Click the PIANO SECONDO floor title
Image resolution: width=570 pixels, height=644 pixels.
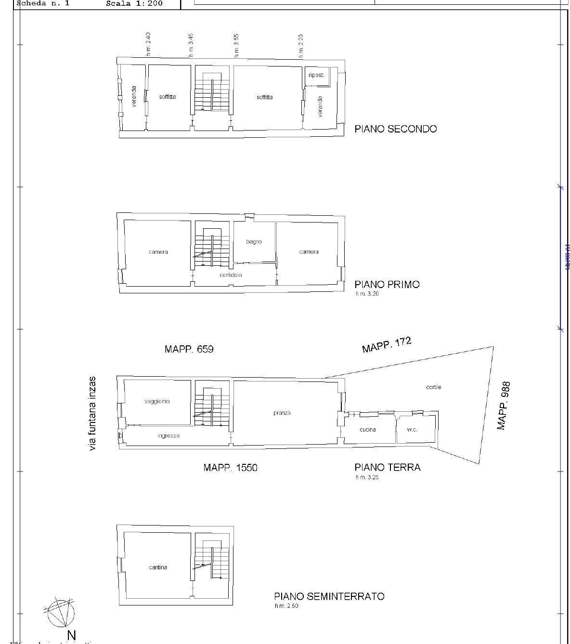tap(395, 129)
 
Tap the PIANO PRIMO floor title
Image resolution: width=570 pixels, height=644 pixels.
tap(387, 284)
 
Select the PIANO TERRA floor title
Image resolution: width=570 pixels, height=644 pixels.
tap(387, 467)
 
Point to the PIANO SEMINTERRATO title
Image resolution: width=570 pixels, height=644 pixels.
tap(329, 596)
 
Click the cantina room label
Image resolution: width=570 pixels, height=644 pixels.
tap(158, 567)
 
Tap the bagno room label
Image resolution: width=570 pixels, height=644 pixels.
tap(254, 242)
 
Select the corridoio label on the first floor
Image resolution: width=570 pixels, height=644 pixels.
tap(231, 275)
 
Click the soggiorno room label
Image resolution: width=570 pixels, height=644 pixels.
tap(157, 401)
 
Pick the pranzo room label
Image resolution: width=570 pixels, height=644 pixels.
tap(282, 413)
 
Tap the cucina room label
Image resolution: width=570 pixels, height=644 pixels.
tap(368, 429)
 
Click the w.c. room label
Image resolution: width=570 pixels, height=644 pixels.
tap(412, 430)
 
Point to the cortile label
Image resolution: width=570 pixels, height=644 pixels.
tap(433, 387)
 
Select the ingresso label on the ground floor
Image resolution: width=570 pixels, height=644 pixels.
tap(168, 436)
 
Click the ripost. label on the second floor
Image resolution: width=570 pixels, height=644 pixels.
tap(316, 76)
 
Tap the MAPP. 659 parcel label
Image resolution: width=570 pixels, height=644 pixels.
tap(189, 349)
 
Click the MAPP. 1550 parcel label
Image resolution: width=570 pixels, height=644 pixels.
tap(230, 468)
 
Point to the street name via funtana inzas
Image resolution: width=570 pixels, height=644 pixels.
tap(92, 414)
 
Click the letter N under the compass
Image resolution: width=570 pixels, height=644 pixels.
tap(71, 635)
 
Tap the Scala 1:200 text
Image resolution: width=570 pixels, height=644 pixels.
tap(134, 3)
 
